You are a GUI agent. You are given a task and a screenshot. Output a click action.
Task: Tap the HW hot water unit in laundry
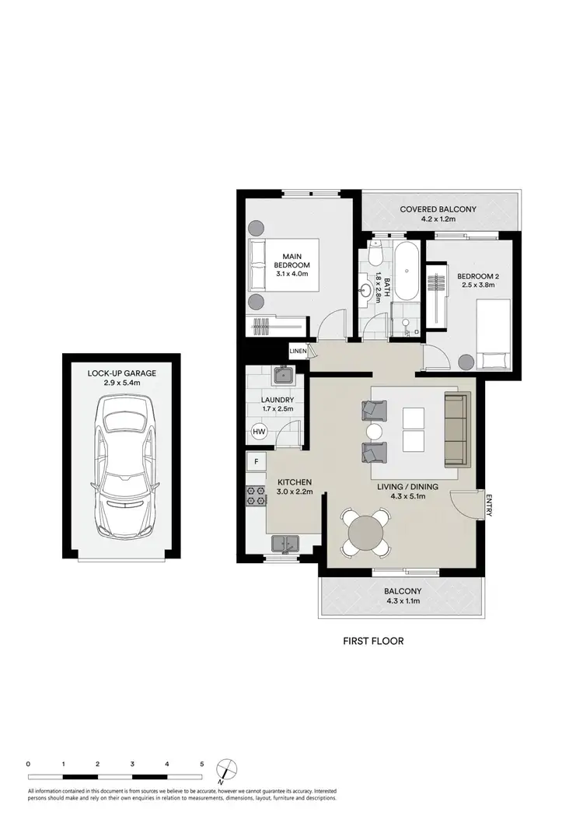[x=259, y=432]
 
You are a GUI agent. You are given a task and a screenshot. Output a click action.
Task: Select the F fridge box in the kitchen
[x=256, y=461]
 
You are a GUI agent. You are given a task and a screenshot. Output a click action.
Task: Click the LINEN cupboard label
[x=298, y=351]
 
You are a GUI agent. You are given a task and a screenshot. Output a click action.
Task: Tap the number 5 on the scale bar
[x=202, y=765]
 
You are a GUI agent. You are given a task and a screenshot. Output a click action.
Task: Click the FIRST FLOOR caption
[x=373, y=642]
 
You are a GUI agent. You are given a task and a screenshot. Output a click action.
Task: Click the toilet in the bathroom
[x=375, y=254]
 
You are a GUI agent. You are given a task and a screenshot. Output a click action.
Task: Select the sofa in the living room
[x=456, y=429]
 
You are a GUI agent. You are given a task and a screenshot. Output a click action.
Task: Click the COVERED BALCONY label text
[x=438, y=209]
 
